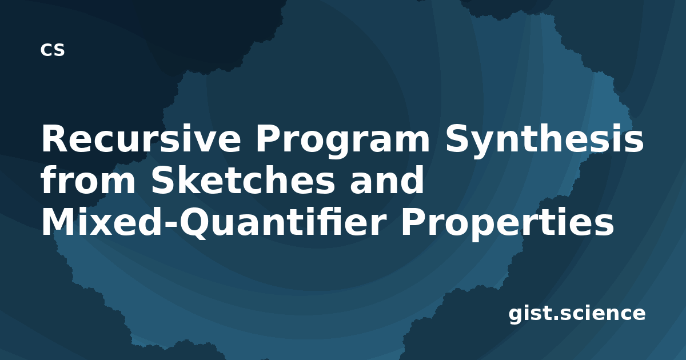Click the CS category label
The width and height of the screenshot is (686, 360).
pyautogui.click(x=53, y=50)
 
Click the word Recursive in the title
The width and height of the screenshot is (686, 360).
pyautogui.click(x=141, y=138)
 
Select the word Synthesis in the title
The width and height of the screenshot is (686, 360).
pyautogui.click(x=544, y=141)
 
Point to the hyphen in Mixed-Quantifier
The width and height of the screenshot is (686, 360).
pyautogui.click(x=170, y=225)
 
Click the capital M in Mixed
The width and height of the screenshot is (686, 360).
pyautogui.click(x=58, y=222)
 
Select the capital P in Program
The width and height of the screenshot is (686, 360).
pyautogui.click(x=268, y=138)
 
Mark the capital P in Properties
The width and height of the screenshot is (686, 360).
pyautogui.click(x=413, y=222)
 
